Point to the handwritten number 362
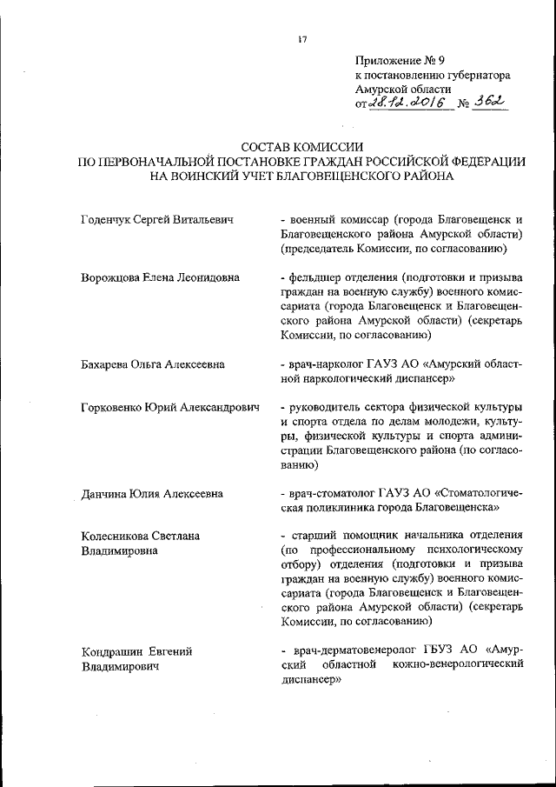coord(488,103)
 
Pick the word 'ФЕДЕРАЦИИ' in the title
coord(478,161)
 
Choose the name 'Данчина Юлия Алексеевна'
coord(151,493)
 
